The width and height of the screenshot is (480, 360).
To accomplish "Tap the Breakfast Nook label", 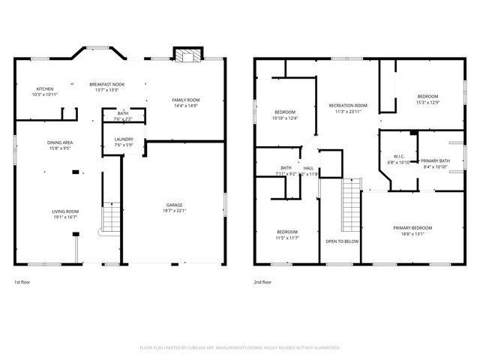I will (x=107, y=84).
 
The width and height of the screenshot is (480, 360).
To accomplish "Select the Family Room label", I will (x=185, y=100).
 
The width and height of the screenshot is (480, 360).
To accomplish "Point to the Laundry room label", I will (x=124, y=139).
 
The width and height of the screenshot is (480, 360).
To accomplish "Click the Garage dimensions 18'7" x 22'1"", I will (x=174, y=211).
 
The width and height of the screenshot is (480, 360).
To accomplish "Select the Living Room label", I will (x=65, y=211).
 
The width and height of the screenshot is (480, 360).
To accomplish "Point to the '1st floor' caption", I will (x=22, y=283).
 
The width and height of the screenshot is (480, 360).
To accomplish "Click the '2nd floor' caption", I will (x=263, y=283).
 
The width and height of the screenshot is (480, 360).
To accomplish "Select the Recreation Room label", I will (x=348, y=106).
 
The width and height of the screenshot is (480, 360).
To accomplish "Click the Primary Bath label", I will (x=435, y=161).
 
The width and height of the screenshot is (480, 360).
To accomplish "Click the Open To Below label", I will (x=341, y=242).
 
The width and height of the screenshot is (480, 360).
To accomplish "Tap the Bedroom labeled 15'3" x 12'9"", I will (x=427, y=97).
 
